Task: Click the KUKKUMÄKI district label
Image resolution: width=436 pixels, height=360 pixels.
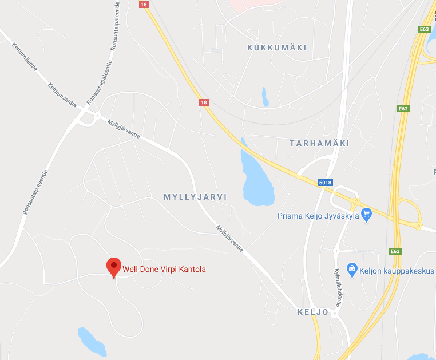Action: click(x=277, y=48)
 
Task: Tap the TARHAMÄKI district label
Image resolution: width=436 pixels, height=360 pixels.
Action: click(x=319, y=143)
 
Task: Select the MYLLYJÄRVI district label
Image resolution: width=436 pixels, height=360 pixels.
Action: click(x=195, y=197)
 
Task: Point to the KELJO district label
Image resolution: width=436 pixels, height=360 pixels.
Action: click(x=313, y=312)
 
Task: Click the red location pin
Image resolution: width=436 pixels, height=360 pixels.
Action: click(x=114, y=266)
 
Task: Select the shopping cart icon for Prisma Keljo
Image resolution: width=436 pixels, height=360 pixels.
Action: click(x=367, y=215)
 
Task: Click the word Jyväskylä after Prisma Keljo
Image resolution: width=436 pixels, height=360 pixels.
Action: click(x=341, y=216)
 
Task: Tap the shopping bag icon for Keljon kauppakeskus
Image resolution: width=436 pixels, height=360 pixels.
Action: click(x=352, y=269)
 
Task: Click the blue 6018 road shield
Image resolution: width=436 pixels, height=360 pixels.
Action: click(x=325, y=183)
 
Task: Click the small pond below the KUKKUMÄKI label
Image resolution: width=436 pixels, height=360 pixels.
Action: click(x=264, y=97)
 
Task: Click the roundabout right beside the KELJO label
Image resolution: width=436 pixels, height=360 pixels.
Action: click(x=336, y=313)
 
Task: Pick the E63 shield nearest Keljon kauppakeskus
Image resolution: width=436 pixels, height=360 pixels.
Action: click(x=394, y=251)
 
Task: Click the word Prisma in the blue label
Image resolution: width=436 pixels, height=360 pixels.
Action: click(x=289, y=216)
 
